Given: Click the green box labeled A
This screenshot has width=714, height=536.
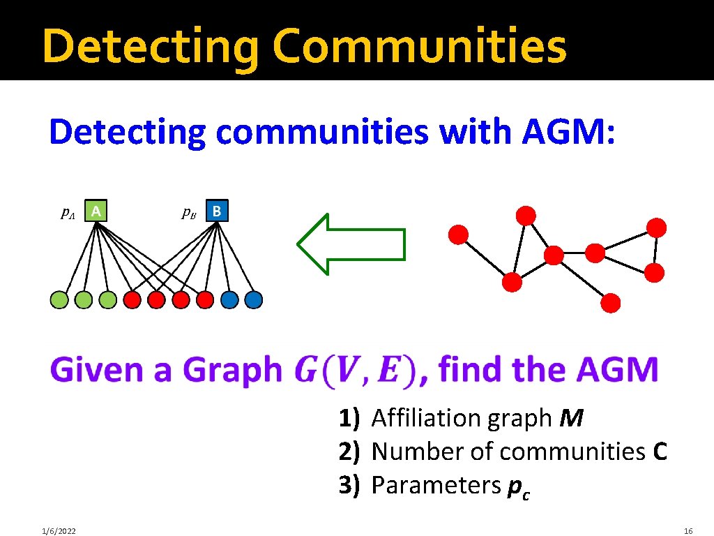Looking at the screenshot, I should [98, 210].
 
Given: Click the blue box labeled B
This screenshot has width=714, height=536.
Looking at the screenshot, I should [218, 210].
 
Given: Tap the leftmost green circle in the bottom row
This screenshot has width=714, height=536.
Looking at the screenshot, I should [60, 299].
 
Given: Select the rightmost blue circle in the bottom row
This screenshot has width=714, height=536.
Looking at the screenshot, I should [254, 299].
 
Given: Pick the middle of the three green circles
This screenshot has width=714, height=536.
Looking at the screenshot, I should [84, 299].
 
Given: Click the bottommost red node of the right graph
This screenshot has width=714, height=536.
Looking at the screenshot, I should [611, 303].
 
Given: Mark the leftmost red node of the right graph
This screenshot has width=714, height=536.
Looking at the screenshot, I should [458, 234].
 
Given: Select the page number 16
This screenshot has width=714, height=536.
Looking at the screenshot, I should [688, 531].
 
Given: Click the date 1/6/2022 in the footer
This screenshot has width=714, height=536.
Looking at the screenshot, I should [59, 531].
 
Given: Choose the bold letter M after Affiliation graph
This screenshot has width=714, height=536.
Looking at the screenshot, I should [572, 418].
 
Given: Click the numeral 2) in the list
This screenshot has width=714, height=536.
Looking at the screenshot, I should [349, 452].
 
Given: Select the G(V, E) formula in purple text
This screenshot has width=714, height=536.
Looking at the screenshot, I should [356, 369].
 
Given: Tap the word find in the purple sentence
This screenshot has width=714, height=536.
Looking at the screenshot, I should [471, 369].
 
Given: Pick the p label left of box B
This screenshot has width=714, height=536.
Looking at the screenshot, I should [188, 212].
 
